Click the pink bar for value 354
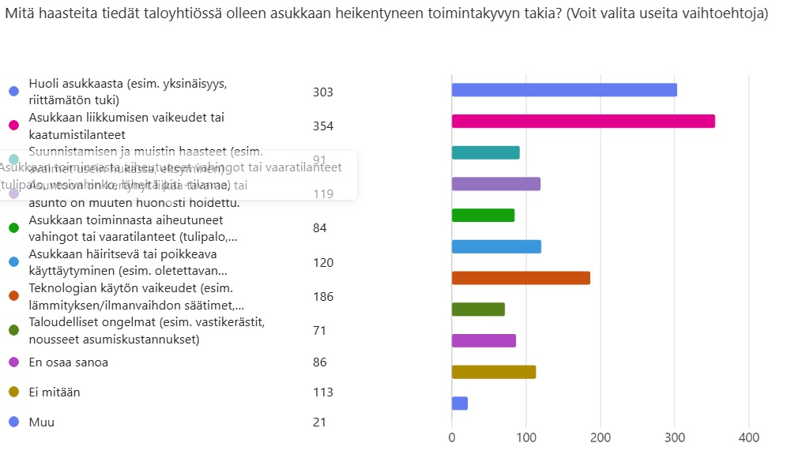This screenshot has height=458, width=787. pos(583,121)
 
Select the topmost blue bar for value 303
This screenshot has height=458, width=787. pos(564,89)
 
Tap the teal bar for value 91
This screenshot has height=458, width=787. pos(485,152)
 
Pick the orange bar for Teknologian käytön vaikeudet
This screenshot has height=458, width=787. pos(521,278)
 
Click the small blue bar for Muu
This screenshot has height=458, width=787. pos(460,404)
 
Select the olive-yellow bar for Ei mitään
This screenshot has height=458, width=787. pos(494,372)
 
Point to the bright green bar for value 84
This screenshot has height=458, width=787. pos(483,215)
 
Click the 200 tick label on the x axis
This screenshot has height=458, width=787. pos(601,437)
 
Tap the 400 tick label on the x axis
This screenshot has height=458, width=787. pos(748,437)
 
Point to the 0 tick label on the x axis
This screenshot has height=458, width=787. pos(452,437)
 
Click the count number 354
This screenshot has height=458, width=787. pos(323,126)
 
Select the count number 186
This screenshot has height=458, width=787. pos(323,297)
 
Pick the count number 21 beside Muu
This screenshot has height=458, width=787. pos(320,422)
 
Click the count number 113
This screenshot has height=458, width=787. pos(323,392)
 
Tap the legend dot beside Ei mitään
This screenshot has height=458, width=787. pos(13,392)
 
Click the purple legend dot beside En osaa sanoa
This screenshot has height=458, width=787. pos(13,362)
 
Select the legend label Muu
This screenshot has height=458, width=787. pos(42,422)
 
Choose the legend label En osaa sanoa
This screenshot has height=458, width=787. pos(69,362)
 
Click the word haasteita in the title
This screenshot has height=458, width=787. pos(70,14)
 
